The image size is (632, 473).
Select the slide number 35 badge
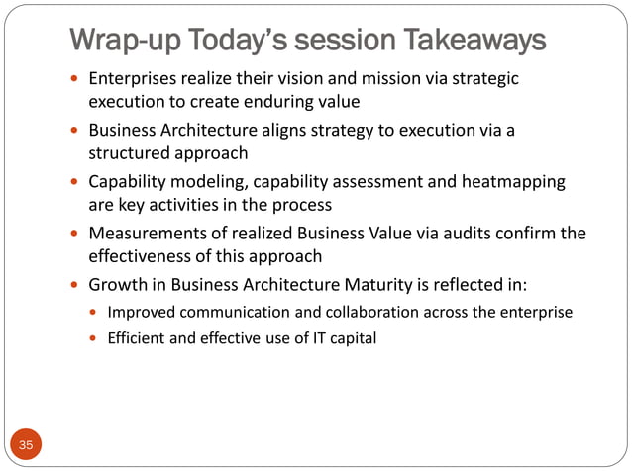[26, 445]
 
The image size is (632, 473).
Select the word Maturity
[414, 285]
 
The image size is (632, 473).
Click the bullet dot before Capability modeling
[76, 182]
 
